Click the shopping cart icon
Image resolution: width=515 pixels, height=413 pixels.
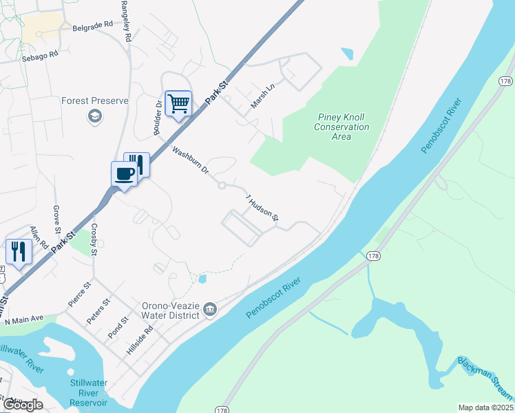point(178,103)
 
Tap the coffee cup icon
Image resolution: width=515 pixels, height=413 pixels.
point(125,173)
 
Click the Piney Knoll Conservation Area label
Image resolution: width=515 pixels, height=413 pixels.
point(341,127)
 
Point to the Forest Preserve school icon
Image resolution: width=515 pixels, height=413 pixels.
point(94,116)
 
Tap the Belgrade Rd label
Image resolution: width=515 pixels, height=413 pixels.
point(92,26)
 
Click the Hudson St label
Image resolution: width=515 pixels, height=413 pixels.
point(262,208)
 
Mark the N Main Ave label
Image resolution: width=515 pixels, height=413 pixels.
point(23,321)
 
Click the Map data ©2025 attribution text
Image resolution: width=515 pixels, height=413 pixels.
point(485,407)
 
